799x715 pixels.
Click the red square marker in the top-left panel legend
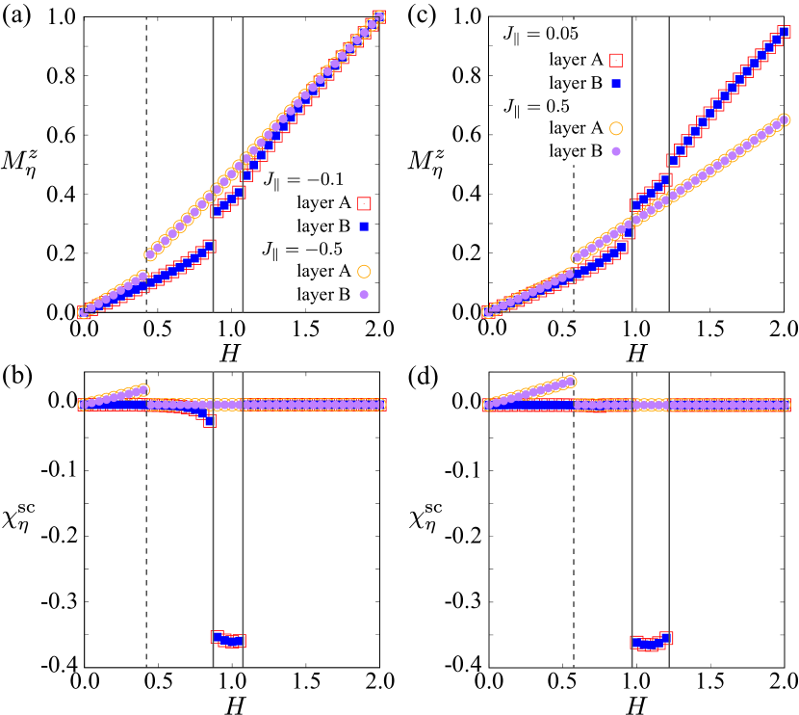[x=364, y=203]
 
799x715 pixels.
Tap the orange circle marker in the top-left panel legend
[x=364, y=272]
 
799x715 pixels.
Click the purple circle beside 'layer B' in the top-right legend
[x=616, y=151]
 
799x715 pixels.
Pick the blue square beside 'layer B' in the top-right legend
[x=616, y=84]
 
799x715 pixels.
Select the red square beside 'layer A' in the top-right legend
[x=616, y=60]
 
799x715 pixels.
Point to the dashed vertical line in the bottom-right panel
[x=574, y=530]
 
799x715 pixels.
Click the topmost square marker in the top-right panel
[x=785, y=32]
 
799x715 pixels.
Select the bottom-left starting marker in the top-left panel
[x=84, y=312]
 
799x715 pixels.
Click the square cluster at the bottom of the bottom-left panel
[x=228, y=639]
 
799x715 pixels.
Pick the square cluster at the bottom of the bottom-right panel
[x=651, y=642]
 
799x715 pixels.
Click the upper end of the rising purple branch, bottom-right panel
[x=572, y=381]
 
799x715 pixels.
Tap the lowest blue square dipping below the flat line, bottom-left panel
[x=209, y=421]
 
